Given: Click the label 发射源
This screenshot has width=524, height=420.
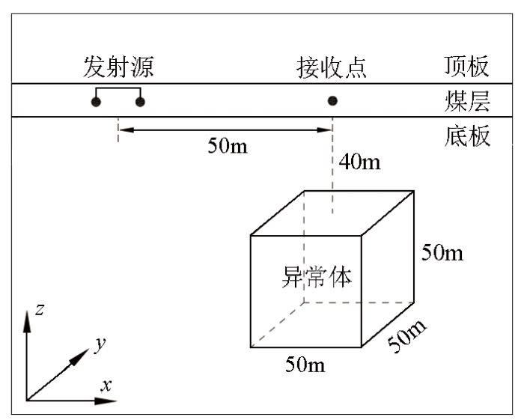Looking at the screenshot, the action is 118,67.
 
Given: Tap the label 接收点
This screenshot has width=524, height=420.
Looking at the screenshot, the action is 332,67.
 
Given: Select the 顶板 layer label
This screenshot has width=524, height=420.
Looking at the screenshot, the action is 467,67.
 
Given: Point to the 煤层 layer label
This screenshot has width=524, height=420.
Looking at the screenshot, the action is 467,100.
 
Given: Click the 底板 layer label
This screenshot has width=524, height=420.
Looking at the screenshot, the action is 467,136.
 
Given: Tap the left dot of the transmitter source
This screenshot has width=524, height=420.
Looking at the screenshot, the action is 96,102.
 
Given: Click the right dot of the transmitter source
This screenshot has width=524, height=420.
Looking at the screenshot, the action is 140,102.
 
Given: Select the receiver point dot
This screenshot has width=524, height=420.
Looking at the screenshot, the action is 332,100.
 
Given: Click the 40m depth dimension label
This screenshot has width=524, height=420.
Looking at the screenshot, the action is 360,162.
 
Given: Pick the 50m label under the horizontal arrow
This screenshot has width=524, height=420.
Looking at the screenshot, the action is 228,146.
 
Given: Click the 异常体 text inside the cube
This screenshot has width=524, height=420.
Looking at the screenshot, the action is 317,276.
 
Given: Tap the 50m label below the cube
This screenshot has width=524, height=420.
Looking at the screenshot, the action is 305,364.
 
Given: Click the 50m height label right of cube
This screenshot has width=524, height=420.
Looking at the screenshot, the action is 442,252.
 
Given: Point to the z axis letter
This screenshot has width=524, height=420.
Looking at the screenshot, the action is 40,309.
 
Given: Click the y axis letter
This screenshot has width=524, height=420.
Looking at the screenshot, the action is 100,344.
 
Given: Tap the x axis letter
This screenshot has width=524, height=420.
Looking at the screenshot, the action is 106,386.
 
